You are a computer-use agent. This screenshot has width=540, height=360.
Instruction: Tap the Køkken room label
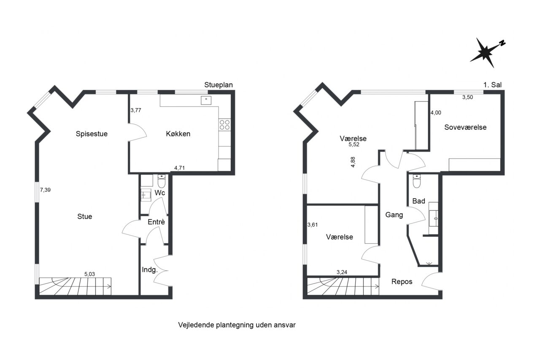click(178, 134)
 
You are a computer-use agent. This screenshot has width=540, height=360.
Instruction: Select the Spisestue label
click(92, 134)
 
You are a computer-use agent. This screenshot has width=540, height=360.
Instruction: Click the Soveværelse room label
click(465, 127)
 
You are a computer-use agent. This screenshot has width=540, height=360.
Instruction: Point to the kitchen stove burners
click(225, 125)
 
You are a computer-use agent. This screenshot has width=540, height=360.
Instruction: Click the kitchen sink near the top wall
click(206, 100)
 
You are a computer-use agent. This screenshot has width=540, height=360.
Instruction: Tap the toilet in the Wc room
click(161, 181)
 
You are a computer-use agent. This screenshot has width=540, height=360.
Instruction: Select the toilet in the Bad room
click(416, 181)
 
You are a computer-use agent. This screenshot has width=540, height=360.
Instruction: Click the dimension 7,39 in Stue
click(45, 190)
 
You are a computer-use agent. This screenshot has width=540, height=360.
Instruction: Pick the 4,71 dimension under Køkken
click(180, 168)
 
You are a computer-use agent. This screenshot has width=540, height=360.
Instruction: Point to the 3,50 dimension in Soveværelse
click(467, 97)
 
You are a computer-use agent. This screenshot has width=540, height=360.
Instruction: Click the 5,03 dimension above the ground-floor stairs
click(89, 274)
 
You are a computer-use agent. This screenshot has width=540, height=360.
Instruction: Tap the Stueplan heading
click(219, 85)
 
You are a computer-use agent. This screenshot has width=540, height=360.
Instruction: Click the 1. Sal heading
click(492, 85)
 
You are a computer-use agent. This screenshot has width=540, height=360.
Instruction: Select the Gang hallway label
click(394, 215)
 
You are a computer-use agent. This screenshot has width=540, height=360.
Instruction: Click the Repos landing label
click(402, 282)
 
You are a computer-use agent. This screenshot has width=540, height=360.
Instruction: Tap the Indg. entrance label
click(150, 270)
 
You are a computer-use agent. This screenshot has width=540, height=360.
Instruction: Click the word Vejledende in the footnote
click(196, 325)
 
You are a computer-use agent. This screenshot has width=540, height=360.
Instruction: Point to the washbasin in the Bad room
click(433, 218)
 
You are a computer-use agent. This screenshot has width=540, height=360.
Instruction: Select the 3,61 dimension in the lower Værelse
click(313, 225)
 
